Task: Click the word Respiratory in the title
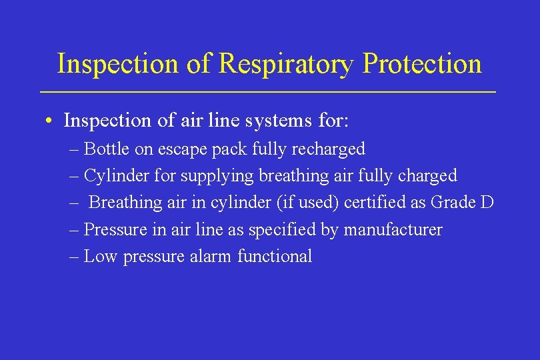287,65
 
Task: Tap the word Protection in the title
422,65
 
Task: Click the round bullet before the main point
50,121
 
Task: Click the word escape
183,148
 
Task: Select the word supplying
217,175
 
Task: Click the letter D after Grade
487,203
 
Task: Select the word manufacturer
393,230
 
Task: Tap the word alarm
209,257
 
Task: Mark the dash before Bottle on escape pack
74,148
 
